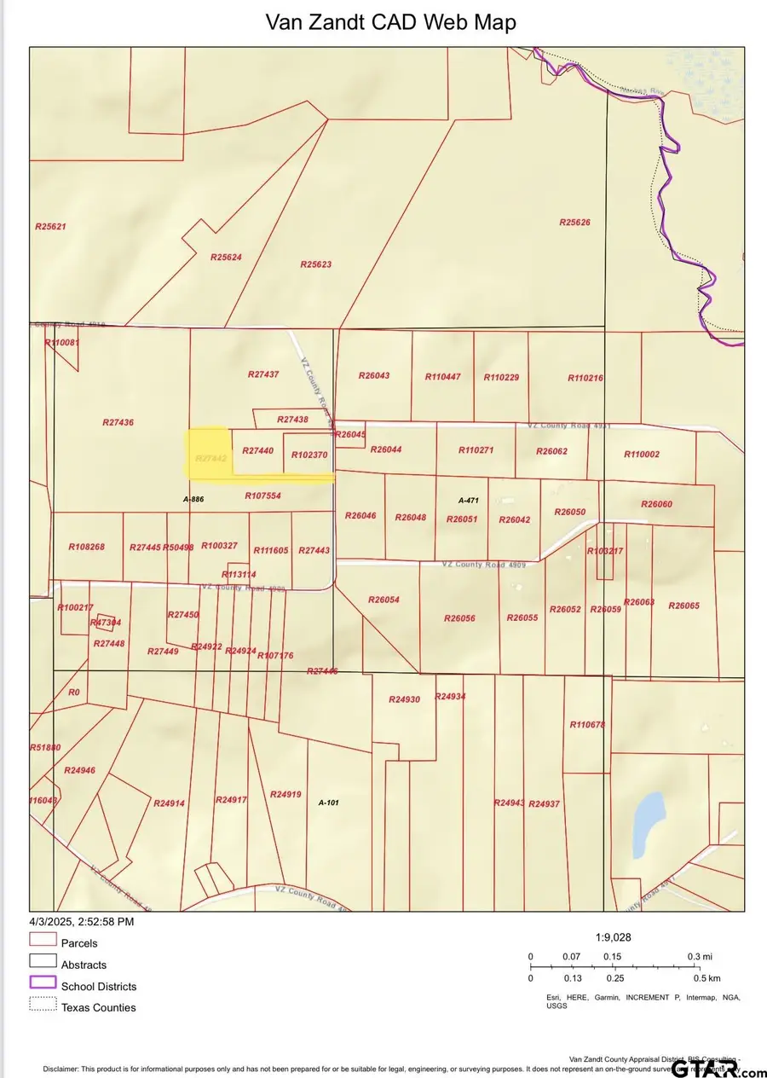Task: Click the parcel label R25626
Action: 574,223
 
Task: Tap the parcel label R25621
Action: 50,227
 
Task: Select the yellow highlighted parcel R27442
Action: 209,453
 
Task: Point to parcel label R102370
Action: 309,455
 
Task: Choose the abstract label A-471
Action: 470,501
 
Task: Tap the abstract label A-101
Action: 329,803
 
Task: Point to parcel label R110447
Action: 442,377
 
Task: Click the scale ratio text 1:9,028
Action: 613,936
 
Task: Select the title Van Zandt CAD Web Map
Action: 391,22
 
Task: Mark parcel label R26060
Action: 656,504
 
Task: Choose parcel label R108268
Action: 86,547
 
